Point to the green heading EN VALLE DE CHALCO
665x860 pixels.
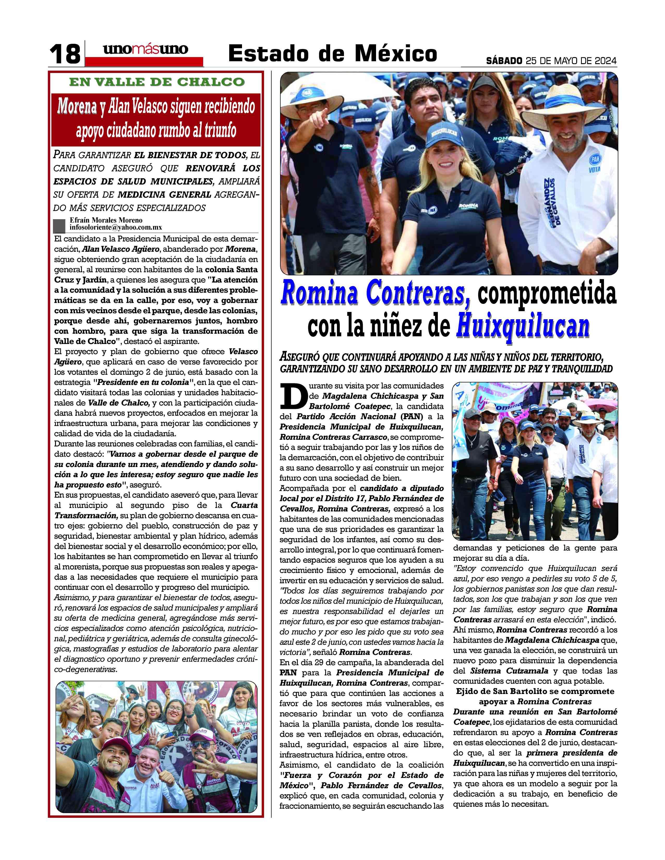click(157, 82)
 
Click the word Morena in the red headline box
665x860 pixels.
click(77, 106)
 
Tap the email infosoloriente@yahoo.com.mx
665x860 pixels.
click(116, 228)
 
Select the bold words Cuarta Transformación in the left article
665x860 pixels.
click(156, 510)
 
